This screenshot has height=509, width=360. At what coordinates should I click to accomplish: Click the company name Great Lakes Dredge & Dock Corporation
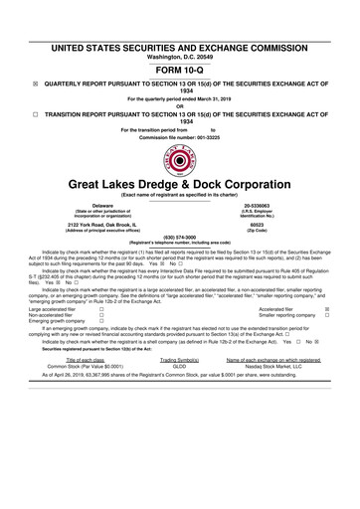pos(179,186)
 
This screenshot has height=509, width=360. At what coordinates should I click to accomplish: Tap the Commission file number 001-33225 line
pos(179,135)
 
